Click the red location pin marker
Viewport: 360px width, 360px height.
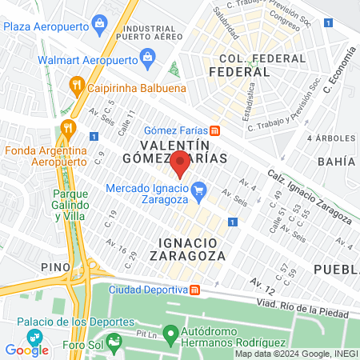coord(180,162)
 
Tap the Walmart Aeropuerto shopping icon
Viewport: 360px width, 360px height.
coord(147,57)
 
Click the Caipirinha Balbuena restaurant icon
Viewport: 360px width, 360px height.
coord(77,84)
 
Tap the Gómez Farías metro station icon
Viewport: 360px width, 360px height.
coord(214,131)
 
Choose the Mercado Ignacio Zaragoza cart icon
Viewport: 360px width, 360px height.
coord(200,190)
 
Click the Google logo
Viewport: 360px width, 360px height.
coord(26,350)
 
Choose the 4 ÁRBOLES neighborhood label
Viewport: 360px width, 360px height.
coord(331,138)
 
